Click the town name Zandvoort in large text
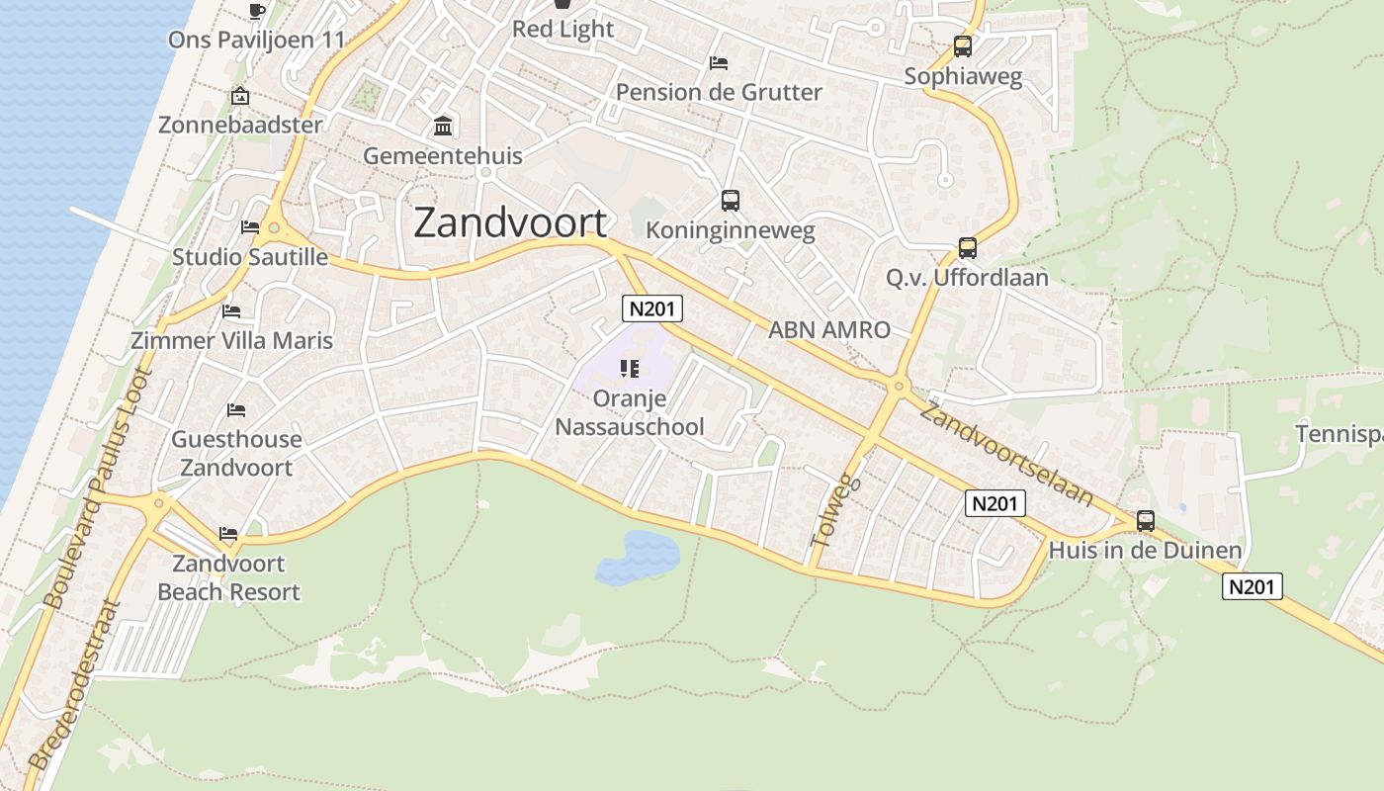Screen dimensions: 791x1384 click(509, 222)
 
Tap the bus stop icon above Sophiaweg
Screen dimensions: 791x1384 click(963, 45)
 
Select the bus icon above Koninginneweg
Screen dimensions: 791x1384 click(731, 201)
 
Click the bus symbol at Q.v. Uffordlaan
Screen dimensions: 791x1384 click(968, 248)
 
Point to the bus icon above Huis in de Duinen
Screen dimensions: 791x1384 click(1146, 520)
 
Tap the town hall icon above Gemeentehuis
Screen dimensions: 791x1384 click(443, 127)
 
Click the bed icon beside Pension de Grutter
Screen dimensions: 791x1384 click(719, 63)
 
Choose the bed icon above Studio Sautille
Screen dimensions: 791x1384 click(250, 227)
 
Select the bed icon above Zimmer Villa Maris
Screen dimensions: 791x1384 click(232, 310)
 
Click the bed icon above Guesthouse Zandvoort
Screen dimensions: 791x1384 click(235, 409)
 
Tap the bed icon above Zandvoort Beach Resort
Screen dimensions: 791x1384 click(228, 534)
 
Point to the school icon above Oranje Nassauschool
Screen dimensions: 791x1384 click(629, 369)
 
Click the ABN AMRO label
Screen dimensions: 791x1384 click(829, 330)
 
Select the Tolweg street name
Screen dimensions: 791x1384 click(836, 512)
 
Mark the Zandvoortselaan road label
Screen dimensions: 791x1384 click(1005, 454)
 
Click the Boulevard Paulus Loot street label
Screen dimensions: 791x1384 click(96, 487)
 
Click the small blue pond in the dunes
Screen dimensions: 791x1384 click(638, 557)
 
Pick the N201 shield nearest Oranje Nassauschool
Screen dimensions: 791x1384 click(652, 308)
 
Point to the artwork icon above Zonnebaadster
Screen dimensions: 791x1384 click(239, 96)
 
